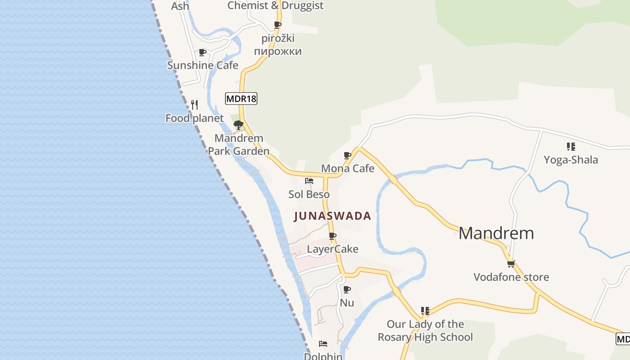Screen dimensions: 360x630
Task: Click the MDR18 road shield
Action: (241, 98)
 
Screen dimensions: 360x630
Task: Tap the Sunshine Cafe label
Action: (202, 65)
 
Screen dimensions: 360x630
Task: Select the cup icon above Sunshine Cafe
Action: (202, 53)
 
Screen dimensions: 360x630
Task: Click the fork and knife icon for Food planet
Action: (194, 105)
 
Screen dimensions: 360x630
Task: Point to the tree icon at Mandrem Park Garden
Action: (238, 125)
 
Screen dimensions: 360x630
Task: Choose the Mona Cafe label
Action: (347, 168)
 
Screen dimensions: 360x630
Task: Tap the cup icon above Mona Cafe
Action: (347, 156)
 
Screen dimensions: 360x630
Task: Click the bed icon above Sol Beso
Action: (309, 181)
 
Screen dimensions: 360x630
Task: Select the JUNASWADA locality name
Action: (333, 216)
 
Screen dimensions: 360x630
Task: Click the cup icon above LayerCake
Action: (333, 236)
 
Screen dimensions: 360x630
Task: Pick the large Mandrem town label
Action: (496, 233)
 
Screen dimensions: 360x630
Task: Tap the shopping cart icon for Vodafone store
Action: (511, 264)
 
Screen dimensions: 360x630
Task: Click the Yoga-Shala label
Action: (571, 160)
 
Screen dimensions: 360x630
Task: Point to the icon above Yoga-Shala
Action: (571, 146)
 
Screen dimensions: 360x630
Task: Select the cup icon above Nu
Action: (347, 289)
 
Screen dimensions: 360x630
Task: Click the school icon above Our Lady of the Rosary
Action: (425, 311)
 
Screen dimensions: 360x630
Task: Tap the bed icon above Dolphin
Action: (323, 344)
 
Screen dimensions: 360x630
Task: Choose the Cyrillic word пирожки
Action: (278, 51)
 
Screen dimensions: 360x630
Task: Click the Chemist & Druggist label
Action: (275, 5)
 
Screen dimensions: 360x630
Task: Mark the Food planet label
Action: (194, 118)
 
